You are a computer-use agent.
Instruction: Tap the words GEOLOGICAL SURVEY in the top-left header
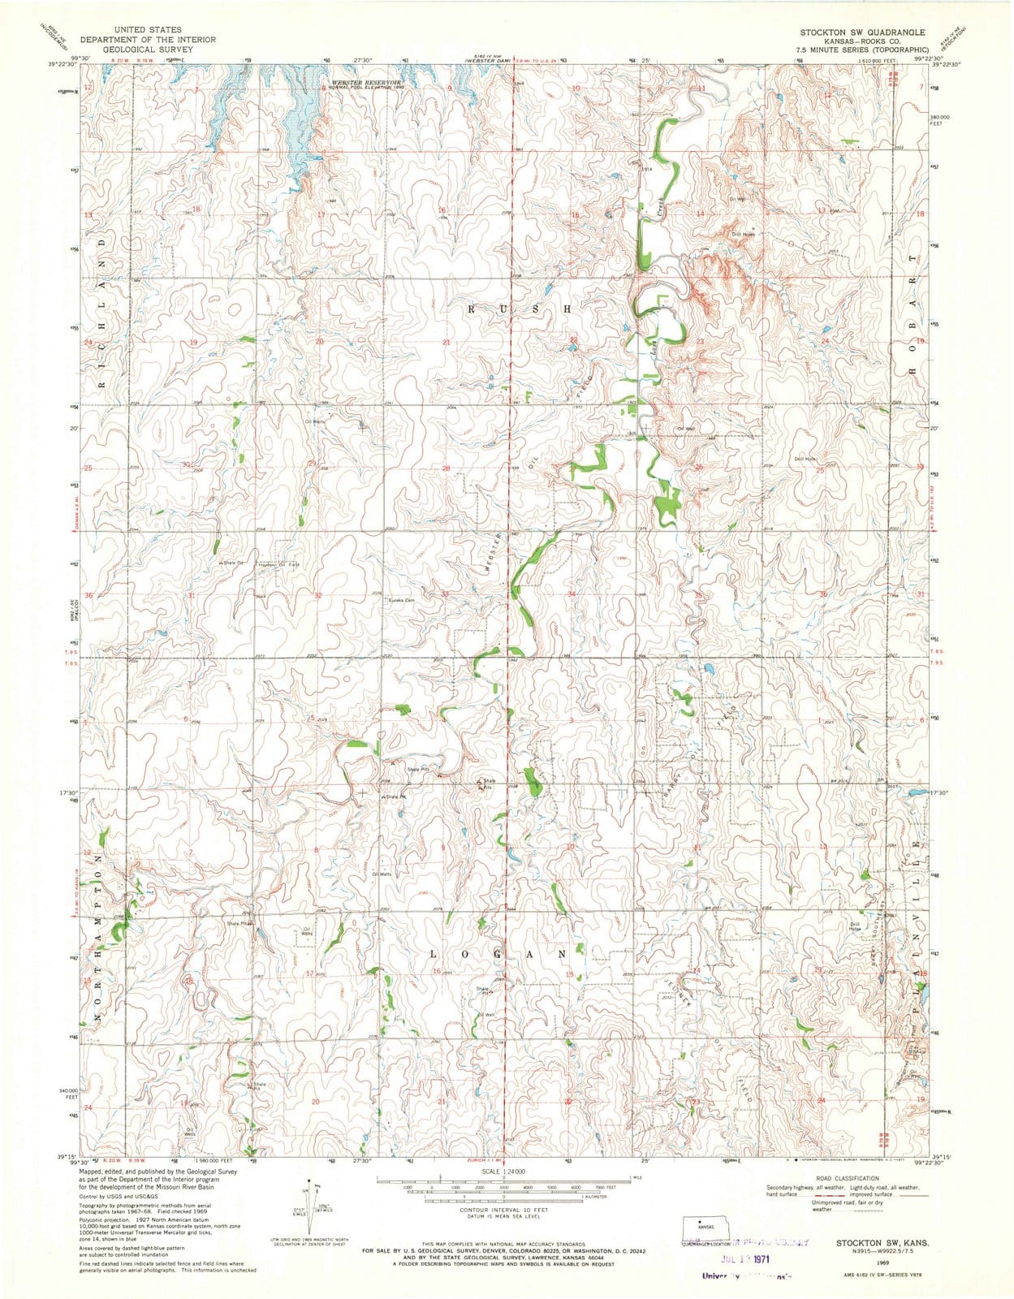(147, 49)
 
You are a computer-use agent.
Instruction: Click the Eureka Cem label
(401, 600)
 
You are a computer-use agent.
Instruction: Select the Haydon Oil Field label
(278, 564)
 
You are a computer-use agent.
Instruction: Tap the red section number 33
(445, 595)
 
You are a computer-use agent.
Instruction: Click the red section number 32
(318, 596)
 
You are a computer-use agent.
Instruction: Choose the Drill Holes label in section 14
(743, 234)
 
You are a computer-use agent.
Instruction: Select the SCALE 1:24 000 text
(503, 1172)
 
